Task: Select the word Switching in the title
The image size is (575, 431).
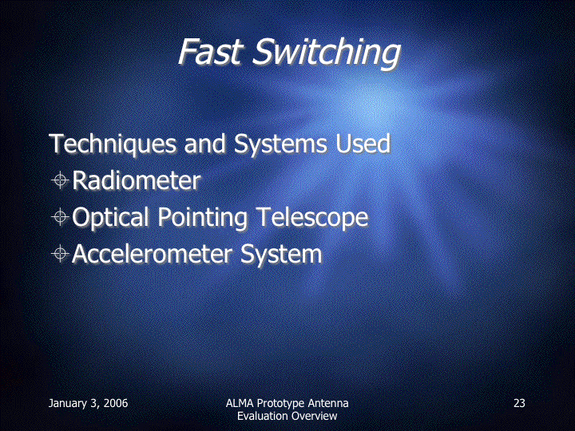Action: click(x=327, y=54)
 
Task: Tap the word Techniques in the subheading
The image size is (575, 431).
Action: click(x=113, y=144)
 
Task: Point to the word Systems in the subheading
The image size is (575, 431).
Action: click(x=280, y=144)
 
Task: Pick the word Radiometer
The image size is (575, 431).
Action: click(x=137, y=180)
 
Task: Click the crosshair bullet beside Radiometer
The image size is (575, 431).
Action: click(x=60, y=180)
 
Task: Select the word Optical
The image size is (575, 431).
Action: click(x=112, y=217)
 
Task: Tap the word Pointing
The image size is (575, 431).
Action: click(x=203, y=217)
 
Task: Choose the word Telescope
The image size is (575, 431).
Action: click(x=312, y=217)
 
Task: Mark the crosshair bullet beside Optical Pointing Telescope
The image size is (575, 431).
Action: click(x=60, y=217)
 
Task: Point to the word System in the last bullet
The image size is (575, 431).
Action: click(x=281, y=255)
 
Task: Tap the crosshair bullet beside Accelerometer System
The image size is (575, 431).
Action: click(x=60, y=254)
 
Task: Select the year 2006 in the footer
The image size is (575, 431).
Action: click(x=116, y=403)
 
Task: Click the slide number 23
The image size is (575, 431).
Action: click(x=519, y=403)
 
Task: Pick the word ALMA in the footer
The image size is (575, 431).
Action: click(x=240, y=403)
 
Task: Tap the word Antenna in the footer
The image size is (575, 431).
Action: click(x=328, y=403)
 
